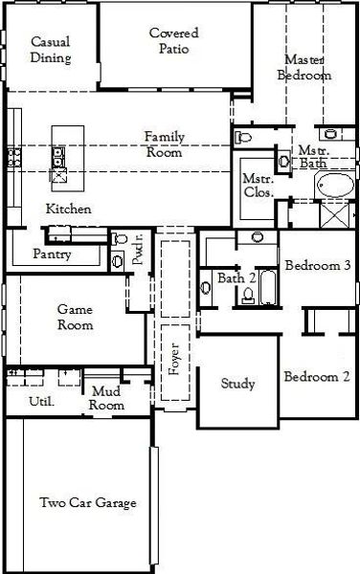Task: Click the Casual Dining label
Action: (51, 50)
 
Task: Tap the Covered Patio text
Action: (174, 41)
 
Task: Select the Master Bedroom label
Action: (304, 67)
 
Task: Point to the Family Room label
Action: (165, 143)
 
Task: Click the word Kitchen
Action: (69, 209)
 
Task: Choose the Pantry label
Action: (52, 254)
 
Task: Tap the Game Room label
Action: (75, 318)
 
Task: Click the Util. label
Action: (43, 401)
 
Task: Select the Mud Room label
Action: (107, 398)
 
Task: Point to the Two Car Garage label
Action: (88, 502)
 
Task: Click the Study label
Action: (237, 385)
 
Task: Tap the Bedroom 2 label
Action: (317, 376)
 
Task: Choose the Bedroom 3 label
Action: (317, 266)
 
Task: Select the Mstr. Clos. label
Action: (259, 185)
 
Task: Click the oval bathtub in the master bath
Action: (334, 187)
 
